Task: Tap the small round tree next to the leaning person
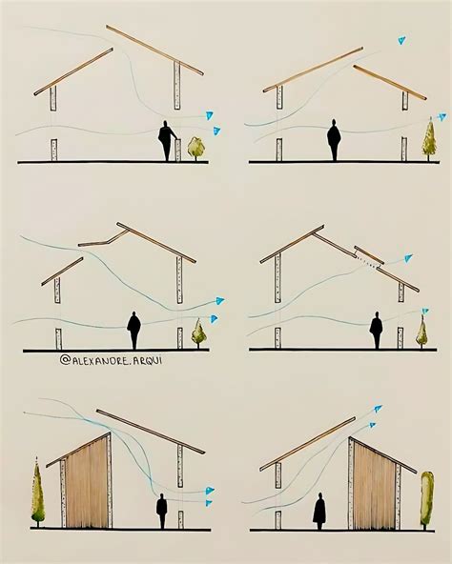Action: [196, 146]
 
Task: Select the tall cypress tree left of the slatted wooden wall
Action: [37, 493]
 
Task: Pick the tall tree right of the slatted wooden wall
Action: [427, 497]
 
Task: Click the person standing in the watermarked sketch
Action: [134, 330]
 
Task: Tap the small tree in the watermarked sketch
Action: [199, 332]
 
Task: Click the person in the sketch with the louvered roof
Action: [377, 330]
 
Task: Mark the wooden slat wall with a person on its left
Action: [374, 485]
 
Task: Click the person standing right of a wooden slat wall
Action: [162, 510]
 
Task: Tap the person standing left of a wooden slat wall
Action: [319, 510]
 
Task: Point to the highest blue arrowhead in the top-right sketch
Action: [401, 40]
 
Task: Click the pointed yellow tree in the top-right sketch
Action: [428, 137]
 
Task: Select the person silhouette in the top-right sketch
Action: [334, 140]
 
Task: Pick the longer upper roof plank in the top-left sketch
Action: [154, 50]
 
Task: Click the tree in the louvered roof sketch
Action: [421, 332]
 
